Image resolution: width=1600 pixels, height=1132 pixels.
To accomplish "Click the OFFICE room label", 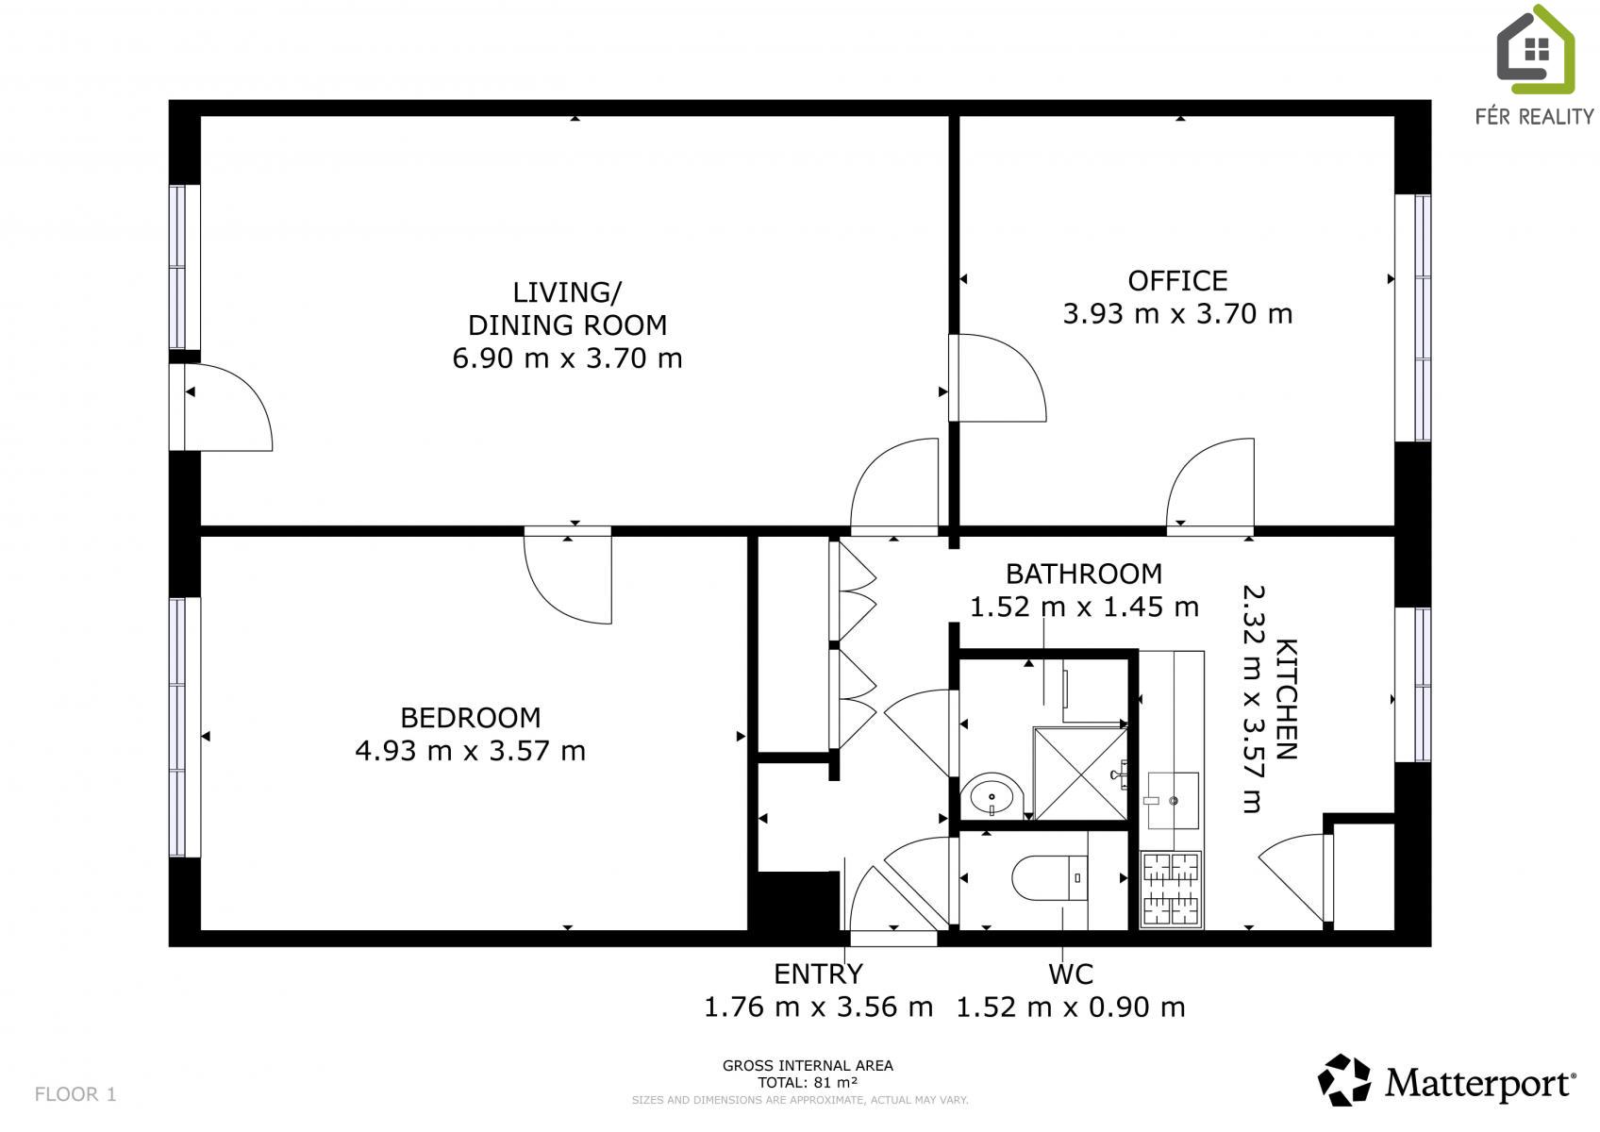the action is click(x=1177, y=281).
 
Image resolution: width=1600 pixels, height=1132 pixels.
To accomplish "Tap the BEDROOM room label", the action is click(x=470, y=718).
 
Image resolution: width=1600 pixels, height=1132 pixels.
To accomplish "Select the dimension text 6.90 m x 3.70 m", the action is click(x=567, y=358).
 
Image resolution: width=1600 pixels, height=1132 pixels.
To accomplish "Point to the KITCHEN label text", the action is click(x=1287, y=699).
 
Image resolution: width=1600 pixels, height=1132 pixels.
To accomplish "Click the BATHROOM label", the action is click(x=1084, y=574).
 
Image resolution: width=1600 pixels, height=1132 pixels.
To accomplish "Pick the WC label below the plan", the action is click(x=1071, y=974).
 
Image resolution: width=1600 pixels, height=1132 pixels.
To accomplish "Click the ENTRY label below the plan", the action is click(x=819, y=974).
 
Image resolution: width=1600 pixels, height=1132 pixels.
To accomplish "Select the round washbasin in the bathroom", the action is click(x=992, y=797).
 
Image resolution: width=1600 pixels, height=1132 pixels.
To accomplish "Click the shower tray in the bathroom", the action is click(x=1081, y=774).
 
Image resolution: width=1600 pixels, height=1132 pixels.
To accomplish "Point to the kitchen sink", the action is click(x=1173, y=801).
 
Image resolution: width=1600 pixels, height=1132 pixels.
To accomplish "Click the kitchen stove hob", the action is click(x=1172, y=890).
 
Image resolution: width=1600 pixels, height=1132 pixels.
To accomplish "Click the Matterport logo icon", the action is click(x=1343, y=1080).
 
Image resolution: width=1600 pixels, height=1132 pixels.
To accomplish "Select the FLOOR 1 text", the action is click(x=75, y=1094).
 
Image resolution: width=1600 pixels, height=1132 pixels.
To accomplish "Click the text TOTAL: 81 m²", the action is click(x=808, y=1083).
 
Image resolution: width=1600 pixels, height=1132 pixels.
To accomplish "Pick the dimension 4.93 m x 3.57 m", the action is click(x=470, y=751).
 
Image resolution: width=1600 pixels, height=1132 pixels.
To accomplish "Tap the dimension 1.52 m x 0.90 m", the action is click(x=1071, y=1007).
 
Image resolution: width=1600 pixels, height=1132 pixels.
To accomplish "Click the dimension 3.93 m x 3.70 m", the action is click(x=1177, y=313).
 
